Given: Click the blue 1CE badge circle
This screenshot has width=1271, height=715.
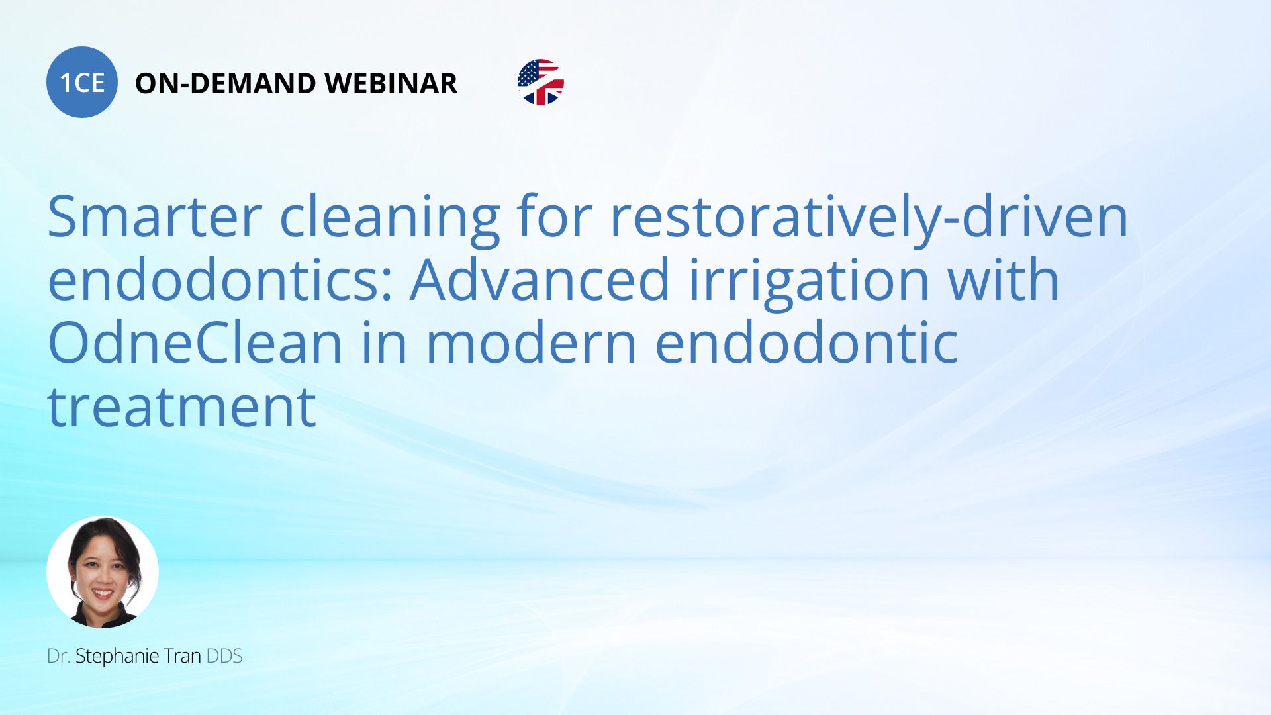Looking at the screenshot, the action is click(x=82, y=82).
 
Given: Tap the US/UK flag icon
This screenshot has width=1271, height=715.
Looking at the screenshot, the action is click(x=541, y=82).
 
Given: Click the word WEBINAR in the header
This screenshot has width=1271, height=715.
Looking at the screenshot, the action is click(x=391, y=83).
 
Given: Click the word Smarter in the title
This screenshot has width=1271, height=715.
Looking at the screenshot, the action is click(x=155, y=216).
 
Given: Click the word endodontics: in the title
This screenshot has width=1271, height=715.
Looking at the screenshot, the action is click(x=220, y=279).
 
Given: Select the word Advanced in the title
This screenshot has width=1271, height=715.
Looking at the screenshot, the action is click(x=540, y=279).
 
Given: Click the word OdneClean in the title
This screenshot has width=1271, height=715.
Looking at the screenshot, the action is click(x=195, y=343).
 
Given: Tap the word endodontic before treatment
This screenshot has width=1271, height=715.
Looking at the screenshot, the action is click(x=806, y=343).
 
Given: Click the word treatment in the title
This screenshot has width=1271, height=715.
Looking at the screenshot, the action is click(x=182, y=407).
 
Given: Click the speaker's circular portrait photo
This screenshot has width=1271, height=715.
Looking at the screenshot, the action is click(x=103, y=572).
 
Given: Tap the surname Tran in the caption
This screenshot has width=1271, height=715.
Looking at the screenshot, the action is click(x=182, y=656).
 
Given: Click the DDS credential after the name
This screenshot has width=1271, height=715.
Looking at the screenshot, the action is click(x=224, y=656).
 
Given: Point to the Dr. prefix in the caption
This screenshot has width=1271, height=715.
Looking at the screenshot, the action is click(x=59, y=656).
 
